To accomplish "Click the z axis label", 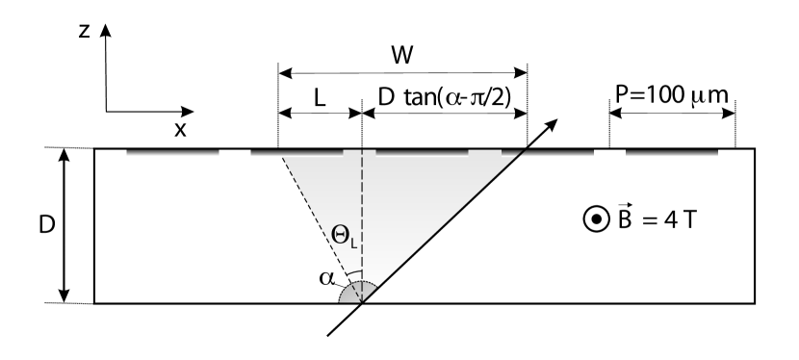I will pyautogui.click(x=86, y=31).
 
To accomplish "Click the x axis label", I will pyautogui.click(x=180, y=130).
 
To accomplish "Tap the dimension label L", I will pyautogui.click(x=319, y=95).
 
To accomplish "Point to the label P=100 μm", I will pyautogui.click(x=672, y=94).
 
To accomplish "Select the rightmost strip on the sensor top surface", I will pyautogui.click(x=672, y=152).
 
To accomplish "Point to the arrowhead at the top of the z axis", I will pyautogui.click(x=107, y=30).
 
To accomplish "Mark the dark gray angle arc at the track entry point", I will pyautogui.click(x=352, y=294).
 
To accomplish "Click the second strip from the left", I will pyautogui.click(x=296, y=152).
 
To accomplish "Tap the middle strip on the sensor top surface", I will pyautogui.click(x=422, y=152).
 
